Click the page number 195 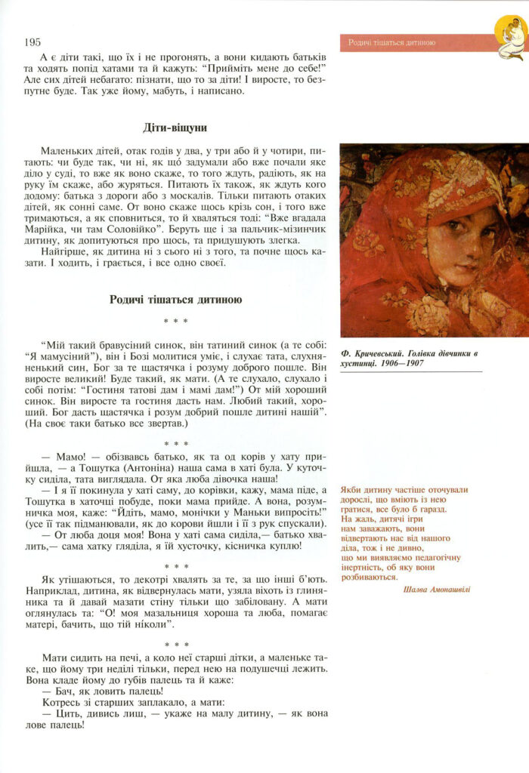32,42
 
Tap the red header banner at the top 416,42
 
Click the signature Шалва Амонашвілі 437,589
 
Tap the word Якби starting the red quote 353,488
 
